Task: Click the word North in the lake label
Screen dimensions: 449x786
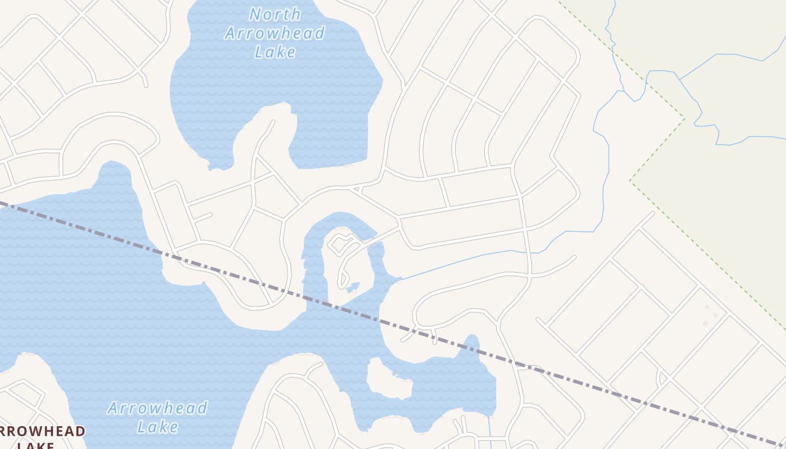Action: point(275,14)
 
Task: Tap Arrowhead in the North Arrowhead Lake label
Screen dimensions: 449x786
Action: point(275,33)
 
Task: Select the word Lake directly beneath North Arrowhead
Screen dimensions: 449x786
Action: point(275,52)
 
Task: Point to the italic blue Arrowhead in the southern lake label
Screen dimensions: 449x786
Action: point(157,408)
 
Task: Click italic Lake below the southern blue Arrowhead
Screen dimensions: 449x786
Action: point(158,427)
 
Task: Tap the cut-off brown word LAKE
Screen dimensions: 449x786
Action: point(35,445)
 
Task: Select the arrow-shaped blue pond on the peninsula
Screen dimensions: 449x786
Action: point(353,287)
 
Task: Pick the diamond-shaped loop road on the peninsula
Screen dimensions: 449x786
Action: point(340,245)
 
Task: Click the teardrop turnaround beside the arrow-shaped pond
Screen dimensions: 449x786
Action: point(342,278)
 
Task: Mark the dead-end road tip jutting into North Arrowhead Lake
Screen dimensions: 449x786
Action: point(273,122)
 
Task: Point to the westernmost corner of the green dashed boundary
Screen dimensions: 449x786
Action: point(630,181)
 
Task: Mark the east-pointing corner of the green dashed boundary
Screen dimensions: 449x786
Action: point(684,118)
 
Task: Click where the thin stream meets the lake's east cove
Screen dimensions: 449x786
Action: point(400,278)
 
